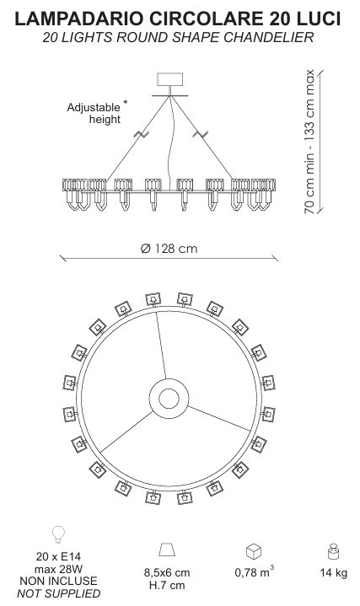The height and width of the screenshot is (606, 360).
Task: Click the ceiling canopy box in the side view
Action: tap(169, 79)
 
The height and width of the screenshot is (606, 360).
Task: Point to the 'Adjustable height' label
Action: tap(94, 113)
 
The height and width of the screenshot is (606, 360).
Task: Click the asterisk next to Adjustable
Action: tap(126, 103)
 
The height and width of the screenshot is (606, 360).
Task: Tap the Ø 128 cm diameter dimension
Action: tap(169, 248)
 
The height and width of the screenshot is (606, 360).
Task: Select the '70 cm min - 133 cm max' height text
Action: tap(309, 142)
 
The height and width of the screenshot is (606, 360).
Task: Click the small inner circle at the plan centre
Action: tap(169, 399)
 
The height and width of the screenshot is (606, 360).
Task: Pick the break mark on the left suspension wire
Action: tap(142, 135)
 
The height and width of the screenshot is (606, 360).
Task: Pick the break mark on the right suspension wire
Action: tap(200, 135)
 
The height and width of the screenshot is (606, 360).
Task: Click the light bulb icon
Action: tap(58, 534)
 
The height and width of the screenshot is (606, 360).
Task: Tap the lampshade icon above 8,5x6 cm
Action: tap(167, 550)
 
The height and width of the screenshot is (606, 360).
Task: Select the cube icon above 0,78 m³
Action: tap(254, 551)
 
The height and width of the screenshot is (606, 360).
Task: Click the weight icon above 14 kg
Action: tap(333, 551)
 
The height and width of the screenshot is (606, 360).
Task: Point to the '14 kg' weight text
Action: tap(333, 572)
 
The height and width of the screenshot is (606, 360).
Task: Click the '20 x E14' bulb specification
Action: tap(58, 556)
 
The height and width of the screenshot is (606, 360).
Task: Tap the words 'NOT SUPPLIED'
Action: tap(58, 593)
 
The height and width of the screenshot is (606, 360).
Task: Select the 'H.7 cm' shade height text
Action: tap(167, 585)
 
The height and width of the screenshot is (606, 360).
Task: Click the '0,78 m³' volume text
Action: tap(254, 571)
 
